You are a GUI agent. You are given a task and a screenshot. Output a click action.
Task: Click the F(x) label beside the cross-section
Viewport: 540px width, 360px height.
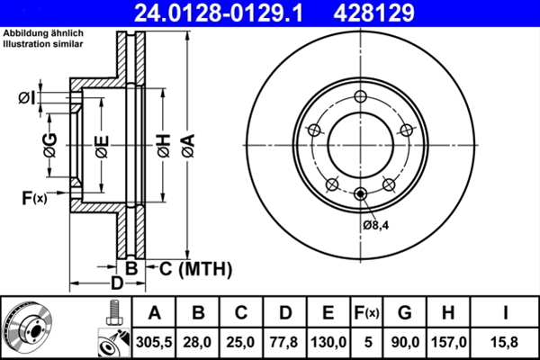pos(33,197)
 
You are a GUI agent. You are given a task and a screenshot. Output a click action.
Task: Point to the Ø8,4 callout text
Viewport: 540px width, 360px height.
pos(375,223)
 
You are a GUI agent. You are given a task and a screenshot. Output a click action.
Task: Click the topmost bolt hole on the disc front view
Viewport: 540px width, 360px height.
pos(360,97)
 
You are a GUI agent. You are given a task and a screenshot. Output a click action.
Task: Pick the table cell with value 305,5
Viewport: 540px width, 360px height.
pos(154,339)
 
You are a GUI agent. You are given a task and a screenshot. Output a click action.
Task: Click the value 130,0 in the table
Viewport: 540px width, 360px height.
pos(328,339)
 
